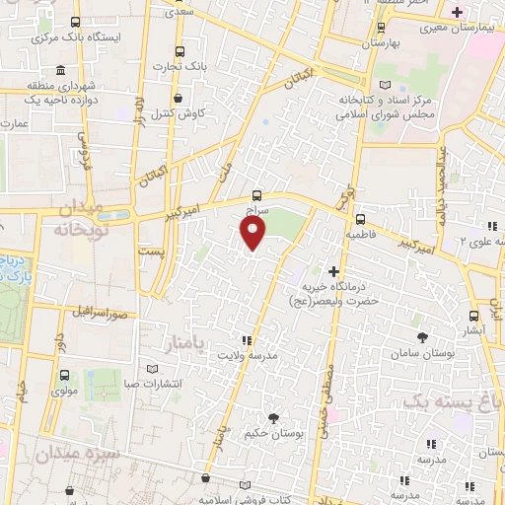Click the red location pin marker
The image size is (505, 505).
tap(253, 233)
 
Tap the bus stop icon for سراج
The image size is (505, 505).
tap(256, 195)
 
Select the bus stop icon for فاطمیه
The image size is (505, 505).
tap(360, 219)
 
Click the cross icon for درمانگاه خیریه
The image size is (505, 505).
tap(334, 271)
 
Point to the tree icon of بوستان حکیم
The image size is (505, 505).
tap(273, 418)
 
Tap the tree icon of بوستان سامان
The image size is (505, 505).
tap(423, 337)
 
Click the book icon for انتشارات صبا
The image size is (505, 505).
tap(152, 370)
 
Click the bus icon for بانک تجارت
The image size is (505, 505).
tap(179, 51)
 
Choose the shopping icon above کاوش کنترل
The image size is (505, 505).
tap(178, 99)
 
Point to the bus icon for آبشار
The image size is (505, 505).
tap(475, 316)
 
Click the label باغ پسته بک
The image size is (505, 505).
tap(452, 401)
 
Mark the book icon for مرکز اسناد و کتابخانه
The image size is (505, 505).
tap(398, 86)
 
